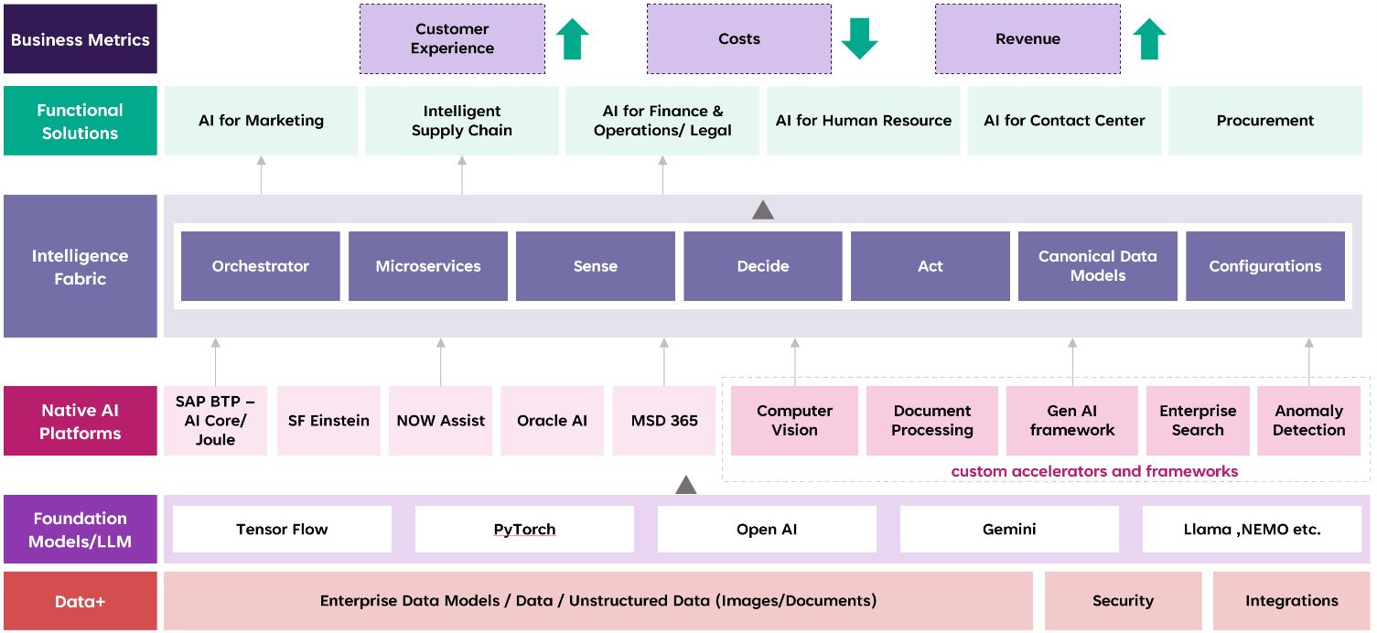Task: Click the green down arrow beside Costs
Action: pos(859,38)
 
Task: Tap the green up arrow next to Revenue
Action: pos(1149,39)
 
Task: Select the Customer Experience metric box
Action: pos(452,38)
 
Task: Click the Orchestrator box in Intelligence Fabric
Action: pos(261,266)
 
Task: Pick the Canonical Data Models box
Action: pos(1097,266)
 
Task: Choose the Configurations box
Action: pos(1264,266)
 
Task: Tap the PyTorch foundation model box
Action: pos(524,529)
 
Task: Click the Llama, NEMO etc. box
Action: pos(1252,529)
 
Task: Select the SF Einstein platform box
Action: pos(328,421)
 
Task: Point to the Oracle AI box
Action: pos(552,421)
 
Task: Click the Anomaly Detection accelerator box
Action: pos(1308,421)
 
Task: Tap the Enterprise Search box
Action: pos(1197,421)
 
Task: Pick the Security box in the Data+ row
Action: pos(1123,601)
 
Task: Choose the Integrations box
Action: pos(1291,601)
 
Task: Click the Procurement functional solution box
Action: pos(1264,121)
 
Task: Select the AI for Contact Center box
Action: pos(1064,121)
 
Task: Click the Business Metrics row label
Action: pos(81,39)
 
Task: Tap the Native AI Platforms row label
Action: pos(81,421)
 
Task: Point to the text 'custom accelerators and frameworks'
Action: pos(1094,471)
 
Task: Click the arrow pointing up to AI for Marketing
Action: pos(261,174)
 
